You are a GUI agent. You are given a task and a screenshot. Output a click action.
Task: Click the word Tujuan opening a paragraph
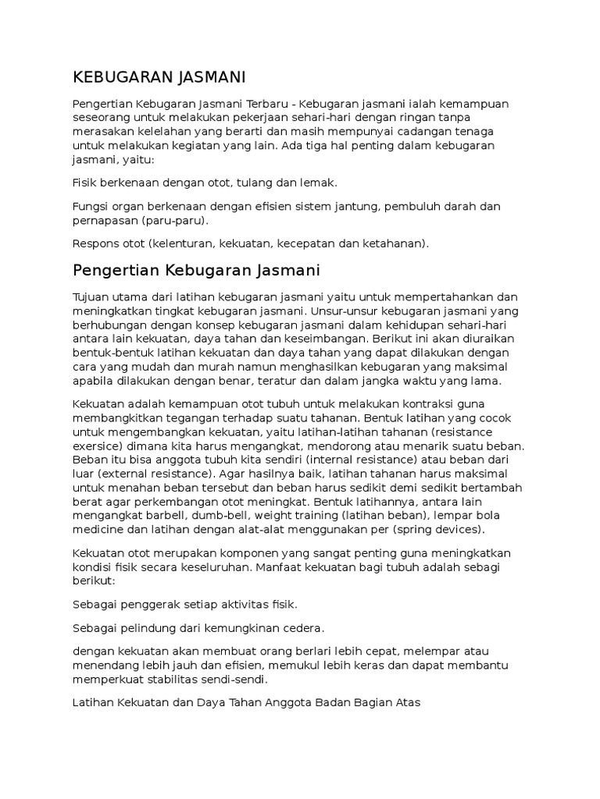point(92,298)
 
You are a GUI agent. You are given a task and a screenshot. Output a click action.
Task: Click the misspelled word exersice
point(98,446)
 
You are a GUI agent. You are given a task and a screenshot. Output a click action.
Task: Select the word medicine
point(98,530)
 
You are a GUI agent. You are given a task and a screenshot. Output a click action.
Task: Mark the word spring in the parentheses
point(409,530)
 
